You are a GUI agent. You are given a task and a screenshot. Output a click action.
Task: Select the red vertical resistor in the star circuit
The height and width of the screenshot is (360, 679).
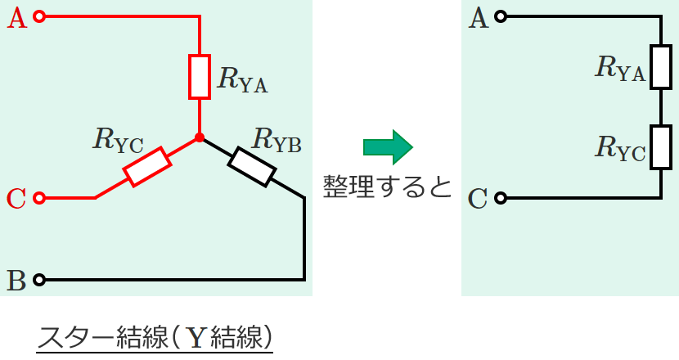click(x=200, y=76)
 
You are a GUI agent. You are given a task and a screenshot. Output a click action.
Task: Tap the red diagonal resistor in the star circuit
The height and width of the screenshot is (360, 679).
click(x=147, y=167)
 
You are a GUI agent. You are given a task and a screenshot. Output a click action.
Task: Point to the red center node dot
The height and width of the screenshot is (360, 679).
click(x=200, y=137)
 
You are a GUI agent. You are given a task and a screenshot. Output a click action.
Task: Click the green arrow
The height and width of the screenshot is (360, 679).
click(x=388, y=146)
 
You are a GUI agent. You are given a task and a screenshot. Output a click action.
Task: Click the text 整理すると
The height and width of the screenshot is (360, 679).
click(x=387, y=187)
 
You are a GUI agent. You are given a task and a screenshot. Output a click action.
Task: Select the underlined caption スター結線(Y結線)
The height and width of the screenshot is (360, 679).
click(x=155, y=337)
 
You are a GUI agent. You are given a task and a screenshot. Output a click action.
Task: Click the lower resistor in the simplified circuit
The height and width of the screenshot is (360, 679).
click(x=660, y=147)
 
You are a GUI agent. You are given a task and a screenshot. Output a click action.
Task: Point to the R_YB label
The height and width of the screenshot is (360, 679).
click(x=277, y=140)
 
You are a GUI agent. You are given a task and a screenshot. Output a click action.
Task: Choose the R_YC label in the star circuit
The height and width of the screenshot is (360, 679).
click(x=119, y=142)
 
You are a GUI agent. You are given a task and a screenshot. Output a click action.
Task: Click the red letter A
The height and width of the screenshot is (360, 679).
click(x=16, y=17)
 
